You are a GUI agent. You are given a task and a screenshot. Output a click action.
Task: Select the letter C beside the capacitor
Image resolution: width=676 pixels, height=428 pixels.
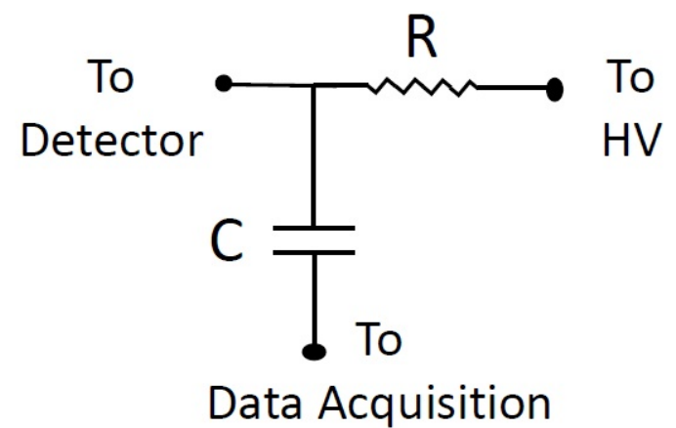tap(227, 244)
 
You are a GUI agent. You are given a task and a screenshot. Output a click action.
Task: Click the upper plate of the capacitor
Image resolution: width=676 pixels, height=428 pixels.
tap(314, 231)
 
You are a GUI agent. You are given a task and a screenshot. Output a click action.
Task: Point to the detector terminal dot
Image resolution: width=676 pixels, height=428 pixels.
tap(224, 85)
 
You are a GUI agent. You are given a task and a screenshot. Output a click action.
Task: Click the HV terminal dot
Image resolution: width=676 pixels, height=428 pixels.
tap(555, 90)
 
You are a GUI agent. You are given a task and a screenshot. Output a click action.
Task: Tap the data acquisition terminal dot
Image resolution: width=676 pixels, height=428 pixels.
tap(314, 350)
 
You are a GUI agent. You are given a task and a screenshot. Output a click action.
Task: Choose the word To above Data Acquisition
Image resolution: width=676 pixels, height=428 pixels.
tap(378, 341)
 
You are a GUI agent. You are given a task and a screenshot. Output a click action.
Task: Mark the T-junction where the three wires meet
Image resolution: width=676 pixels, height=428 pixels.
tap(314, 86)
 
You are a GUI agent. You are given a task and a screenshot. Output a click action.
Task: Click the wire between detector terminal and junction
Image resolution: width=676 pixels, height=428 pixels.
tap(269, 86)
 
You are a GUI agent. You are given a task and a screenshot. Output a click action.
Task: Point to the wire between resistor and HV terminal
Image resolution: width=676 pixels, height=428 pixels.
tap(513, 88)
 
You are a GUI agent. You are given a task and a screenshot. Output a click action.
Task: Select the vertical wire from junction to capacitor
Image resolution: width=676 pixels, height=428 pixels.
tap(314, 156)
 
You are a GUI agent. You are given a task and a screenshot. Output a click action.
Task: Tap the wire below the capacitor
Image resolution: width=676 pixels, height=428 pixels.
tap(314, 298)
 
